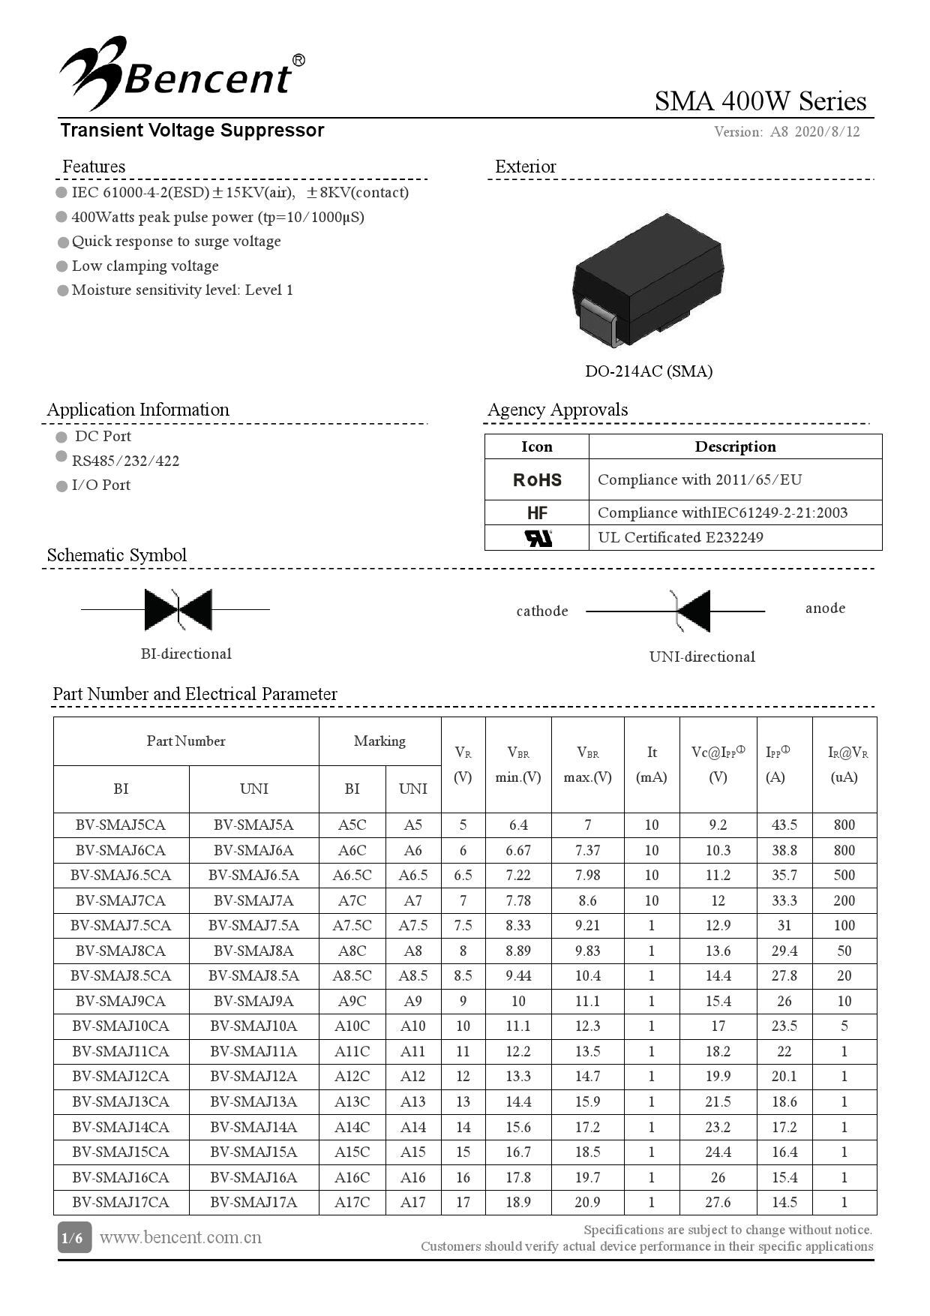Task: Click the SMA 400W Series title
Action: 760,101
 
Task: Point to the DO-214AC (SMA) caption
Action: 648,371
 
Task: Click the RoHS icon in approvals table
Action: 537,480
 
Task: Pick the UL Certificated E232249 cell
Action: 680,537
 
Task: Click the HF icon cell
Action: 537,513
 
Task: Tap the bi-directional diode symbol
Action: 178,609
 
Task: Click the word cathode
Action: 542,611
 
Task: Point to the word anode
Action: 825,608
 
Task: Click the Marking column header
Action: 379,741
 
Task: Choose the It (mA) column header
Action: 651,765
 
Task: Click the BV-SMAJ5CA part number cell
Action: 121,825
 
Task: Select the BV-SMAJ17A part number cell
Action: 253,1202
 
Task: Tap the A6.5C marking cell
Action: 352,876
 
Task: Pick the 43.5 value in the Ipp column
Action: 784,825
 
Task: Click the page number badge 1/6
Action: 73,1237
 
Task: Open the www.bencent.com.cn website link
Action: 181,1237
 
